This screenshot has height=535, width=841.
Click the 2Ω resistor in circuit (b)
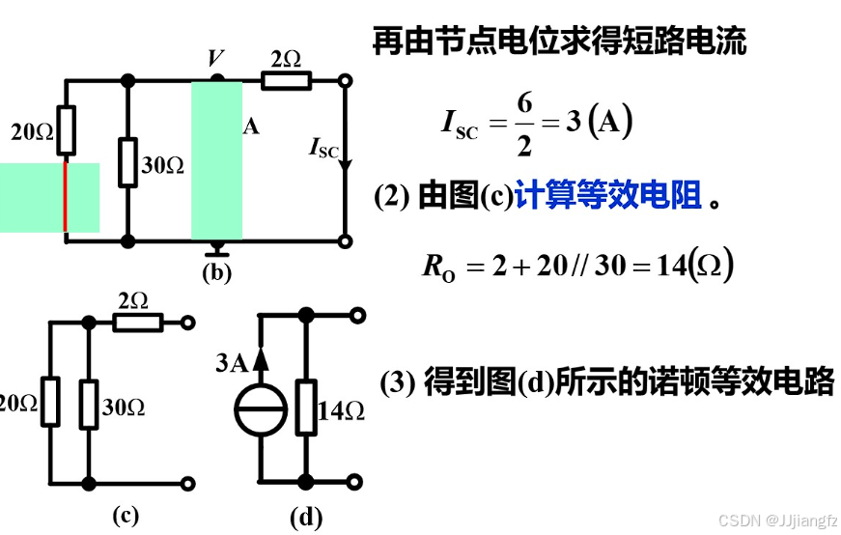coord(287,79)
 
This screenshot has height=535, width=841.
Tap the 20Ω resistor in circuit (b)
coord(65,130)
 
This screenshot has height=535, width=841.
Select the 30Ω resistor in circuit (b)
coord(127,161)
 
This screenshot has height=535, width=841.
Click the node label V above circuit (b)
coord(214,59)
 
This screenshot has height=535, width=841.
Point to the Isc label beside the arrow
coord(323,148)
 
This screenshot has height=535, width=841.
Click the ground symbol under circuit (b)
coord(216,248)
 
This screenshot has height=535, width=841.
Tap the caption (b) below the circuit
coord(216,272)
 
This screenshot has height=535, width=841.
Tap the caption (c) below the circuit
coord(126,515)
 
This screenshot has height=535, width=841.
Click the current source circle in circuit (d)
coord(262,408)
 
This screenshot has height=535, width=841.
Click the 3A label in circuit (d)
coord(233,363)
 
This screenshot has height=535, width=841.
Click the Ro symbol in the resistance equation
coord(437,267)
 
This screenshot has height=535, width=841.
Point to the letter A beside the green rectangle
coord(251,127)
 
